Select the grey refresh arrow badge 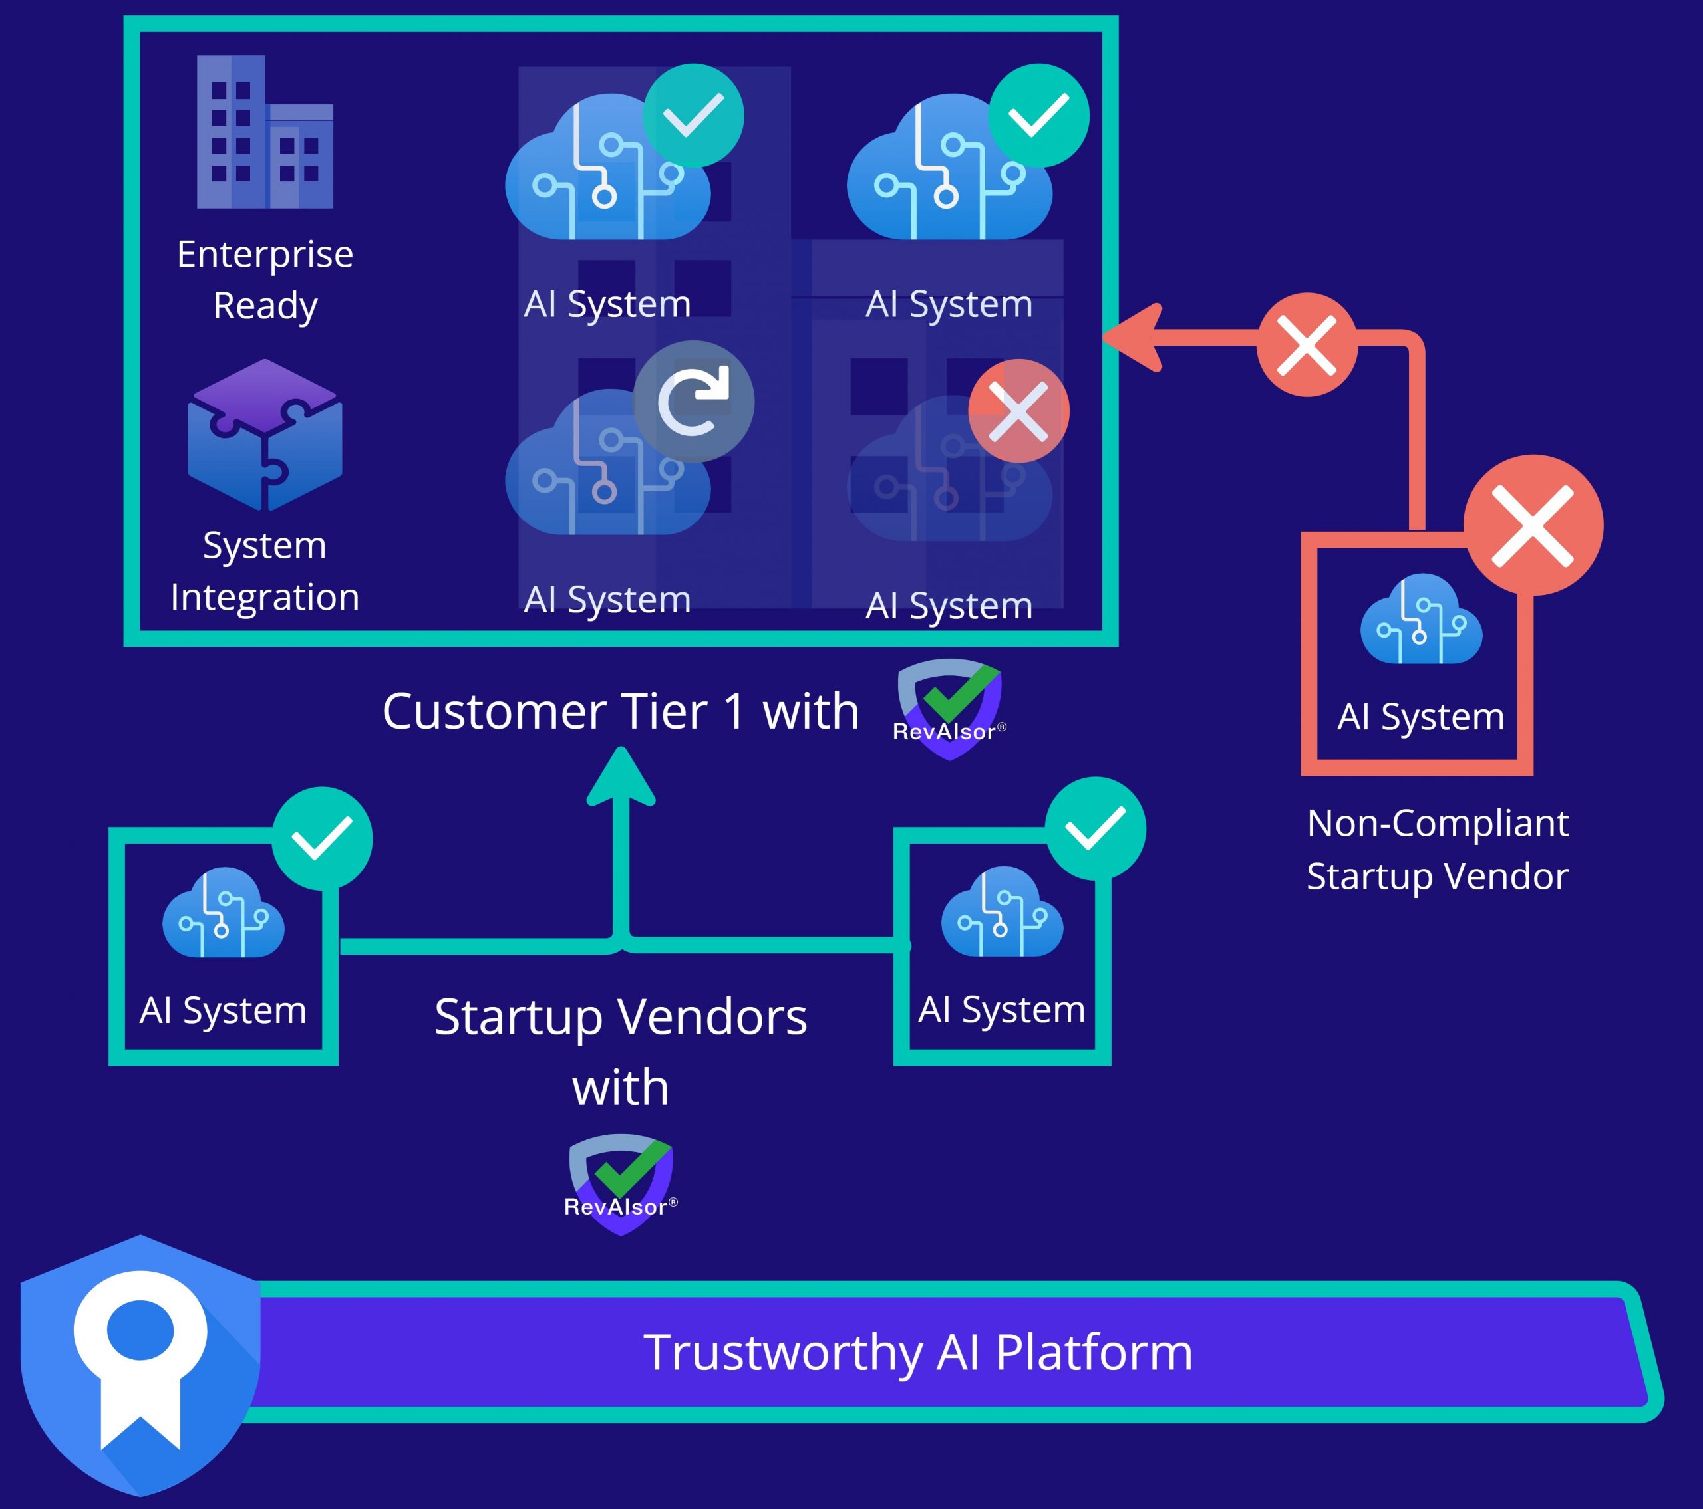pos(693,402)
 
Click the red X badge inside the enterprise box pos(1018,411)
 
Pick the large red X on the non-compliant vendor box pos(1533,525)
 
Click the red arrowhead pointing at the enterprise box pos(1133,337)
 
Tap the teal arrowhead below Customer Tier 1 pos(621,776)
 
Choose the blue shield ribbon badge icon pos(140,1366)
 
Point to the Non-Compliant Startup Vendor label pos(1437,850)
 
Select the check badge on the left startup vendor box pos(321,838)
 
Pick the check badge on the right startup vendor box pos(1095,828)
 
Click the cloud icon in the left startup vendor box pos(224,913)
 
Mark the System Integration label pos(265,571)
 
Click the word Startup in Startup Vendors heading pos(518,1017)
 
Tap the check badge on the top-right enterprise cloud pos(1038,115)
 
